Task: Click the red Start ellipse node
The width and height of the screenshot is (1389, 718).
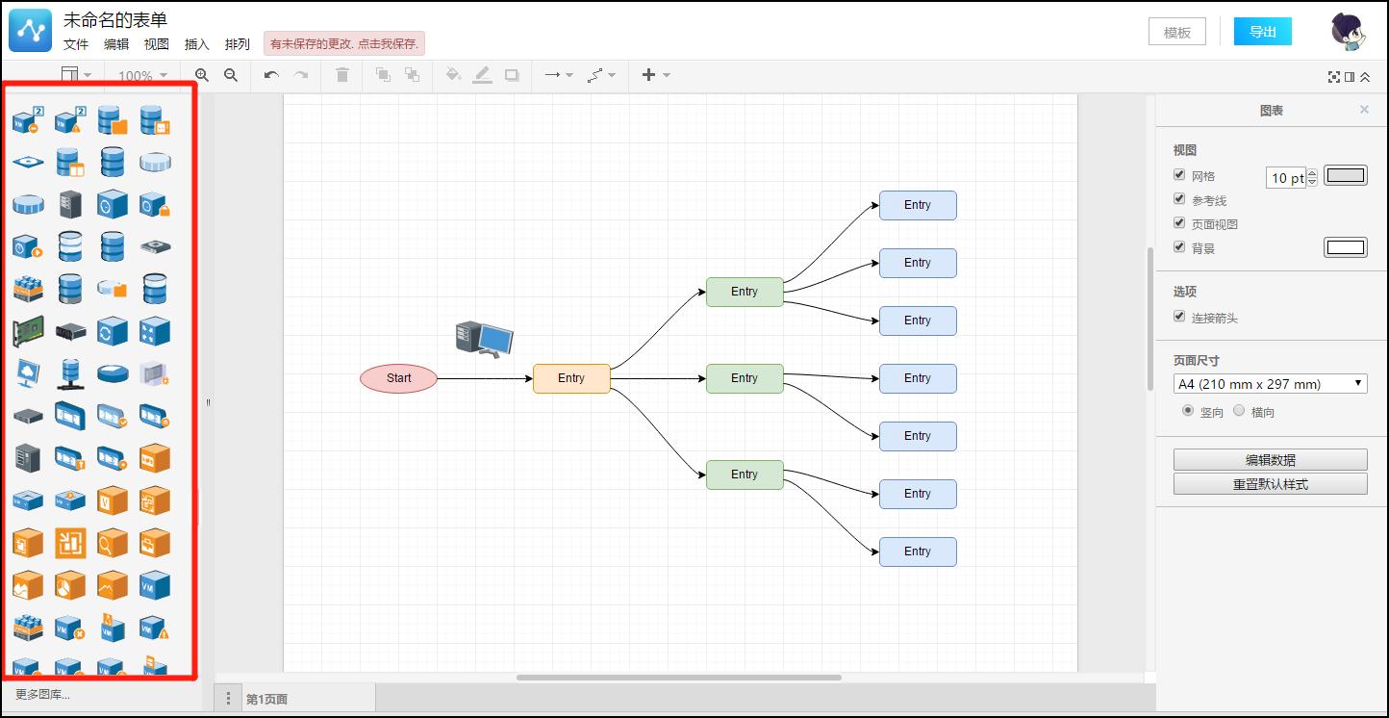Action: [398, 378]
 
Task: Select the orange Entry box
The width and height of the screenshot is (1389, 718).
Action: [571, 378]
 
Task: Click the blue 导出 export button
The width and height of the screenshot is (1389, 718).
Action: [1262, 32]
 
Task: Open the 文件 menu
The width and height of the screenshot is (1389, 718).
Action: [76, 44]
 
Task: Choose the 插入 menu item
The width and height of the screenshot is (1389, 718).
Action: [196, 44]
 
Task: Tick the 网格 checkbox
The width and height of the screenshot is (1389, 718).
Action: [1179, 175]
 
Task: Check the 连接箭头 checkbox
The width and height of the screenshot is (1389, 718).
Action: [1179, 317]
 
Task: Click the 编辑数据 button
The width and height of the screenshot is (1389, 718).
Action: [1270, 459]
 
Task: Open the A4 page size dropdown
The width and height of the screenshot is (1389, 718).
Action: [1270, 384]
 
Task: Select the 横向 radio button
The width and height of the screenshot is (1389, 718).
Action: [1239, 411]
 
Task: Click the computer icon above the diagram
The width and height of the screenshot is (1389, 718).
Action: [484, 339]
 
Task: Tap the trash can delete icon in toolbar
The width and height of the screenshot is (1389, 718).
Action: [341, 75]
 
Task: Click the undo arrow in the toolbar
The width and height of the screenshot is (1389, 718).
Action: [271, 75]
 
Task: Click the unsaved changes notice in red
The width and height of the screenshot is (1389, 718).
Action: [343, 44]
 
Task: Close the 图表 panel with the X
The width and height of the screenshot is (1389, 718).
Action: [1364, 110]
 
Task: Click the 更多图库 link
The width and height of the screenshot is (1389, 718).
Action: [42, 694]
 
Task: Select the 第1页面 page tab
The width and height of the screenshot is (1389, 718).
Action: [266, 699]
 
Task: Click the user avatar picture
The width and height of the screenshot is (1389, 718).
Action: [1349, 32]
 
